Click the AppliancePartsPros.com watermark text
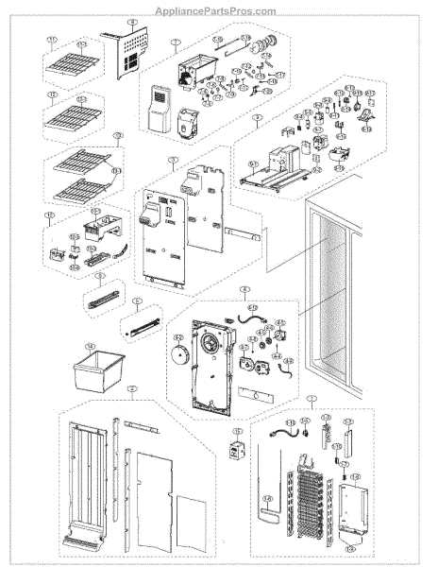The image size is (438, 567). [x=218, y=11]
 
